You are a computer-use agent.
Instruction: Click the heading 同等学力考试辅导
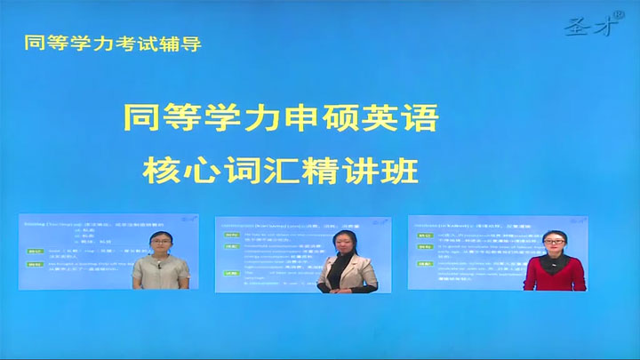click(x=108, y=44)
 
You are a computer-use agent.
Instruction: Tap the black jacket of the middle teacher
click(x=340, y=275)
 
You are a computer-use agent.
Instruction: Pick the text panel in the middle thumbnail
click(x=267, y=253)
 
